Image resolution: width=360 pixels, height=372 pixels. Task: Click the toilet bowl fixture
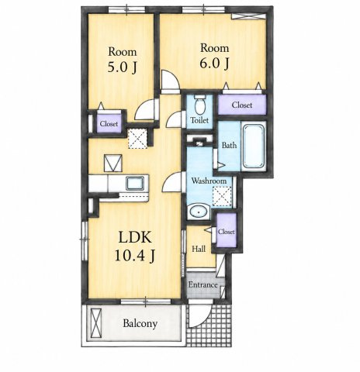pyautogui.click(x=200, y=105)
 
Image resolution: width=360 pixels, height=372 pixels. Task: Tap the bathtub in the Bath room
pyautogui.click(x=254, y=146)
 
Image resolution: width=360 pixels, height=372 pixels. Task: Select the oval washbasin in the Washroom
pyautogui.click(x=199, y=212)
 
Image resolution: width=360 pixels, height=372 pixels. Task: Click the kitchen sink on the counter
pyautogui.click(x=135, y=183)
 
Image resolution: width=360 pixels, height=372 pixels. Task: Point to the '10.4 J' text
pyautogui.click(x=134, y=256)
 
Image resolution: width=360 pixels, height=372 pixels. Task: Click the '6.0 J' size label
pyautogui.click(x=214, y=63)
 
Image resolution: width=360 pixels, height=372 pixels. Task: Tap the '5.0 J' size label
pyautogui.click(x=122, y=67)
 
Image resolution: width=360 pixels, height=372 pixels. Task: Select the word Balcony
pyautogui.click(x=140, y=324)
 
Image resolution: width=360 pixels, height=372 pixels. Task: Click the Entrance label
pyautogui.click(x=202, y=285)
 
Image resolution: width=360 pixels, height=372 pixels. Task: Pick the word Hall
pyautogui.click(x=199, y=249)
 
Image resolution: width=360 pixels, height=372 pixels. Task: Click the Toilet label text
pyautogui.click(x=199, y=120)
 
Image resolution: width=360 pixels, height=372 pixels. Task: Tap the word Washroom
pyautogui.click(x=209, y=181)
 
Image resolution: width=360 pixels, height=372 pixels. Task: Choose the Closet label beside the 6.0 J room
pyautogui.click(x=242, y=105)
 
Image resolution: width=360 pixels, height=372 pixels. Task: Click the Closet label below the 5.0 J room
pyautogui.click(x=109, y=124)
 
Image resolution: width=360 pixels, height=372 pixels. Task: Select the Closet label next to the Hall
pyautogui.click(x=227, y=232)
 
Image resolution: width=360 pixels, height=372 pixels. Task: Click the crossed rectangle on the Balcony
pyautogui.click(x=95, y=323)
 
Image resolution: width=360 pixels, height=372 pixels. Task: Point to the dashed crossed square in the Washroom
pyautogui.click(x=222, y=197)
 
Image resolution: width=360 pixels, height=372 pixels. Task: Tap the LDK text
pyautogui.click(x=135, y=237)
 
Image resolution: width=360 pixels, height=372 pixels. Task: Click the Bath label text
pyautogui.click(x=229, y=145)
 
